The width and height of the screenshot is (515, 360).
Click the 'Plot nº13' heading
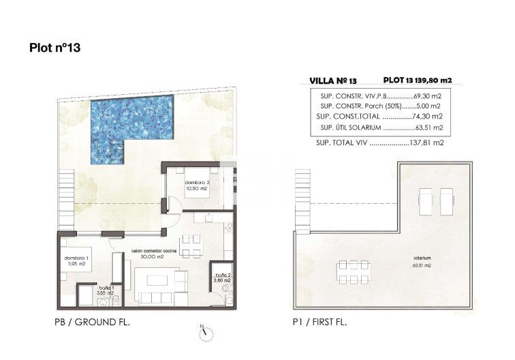57,48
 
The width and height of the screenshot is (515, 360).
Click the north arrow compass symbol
206,333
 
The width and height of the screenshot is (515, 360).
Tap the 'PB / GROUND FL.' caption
92,321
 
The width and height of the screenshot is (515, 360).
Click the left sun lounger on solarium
426,200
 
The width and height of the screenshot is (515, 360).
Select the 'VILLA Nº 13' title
332,80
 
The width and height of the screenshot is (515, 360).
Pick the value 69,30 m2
428,97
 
